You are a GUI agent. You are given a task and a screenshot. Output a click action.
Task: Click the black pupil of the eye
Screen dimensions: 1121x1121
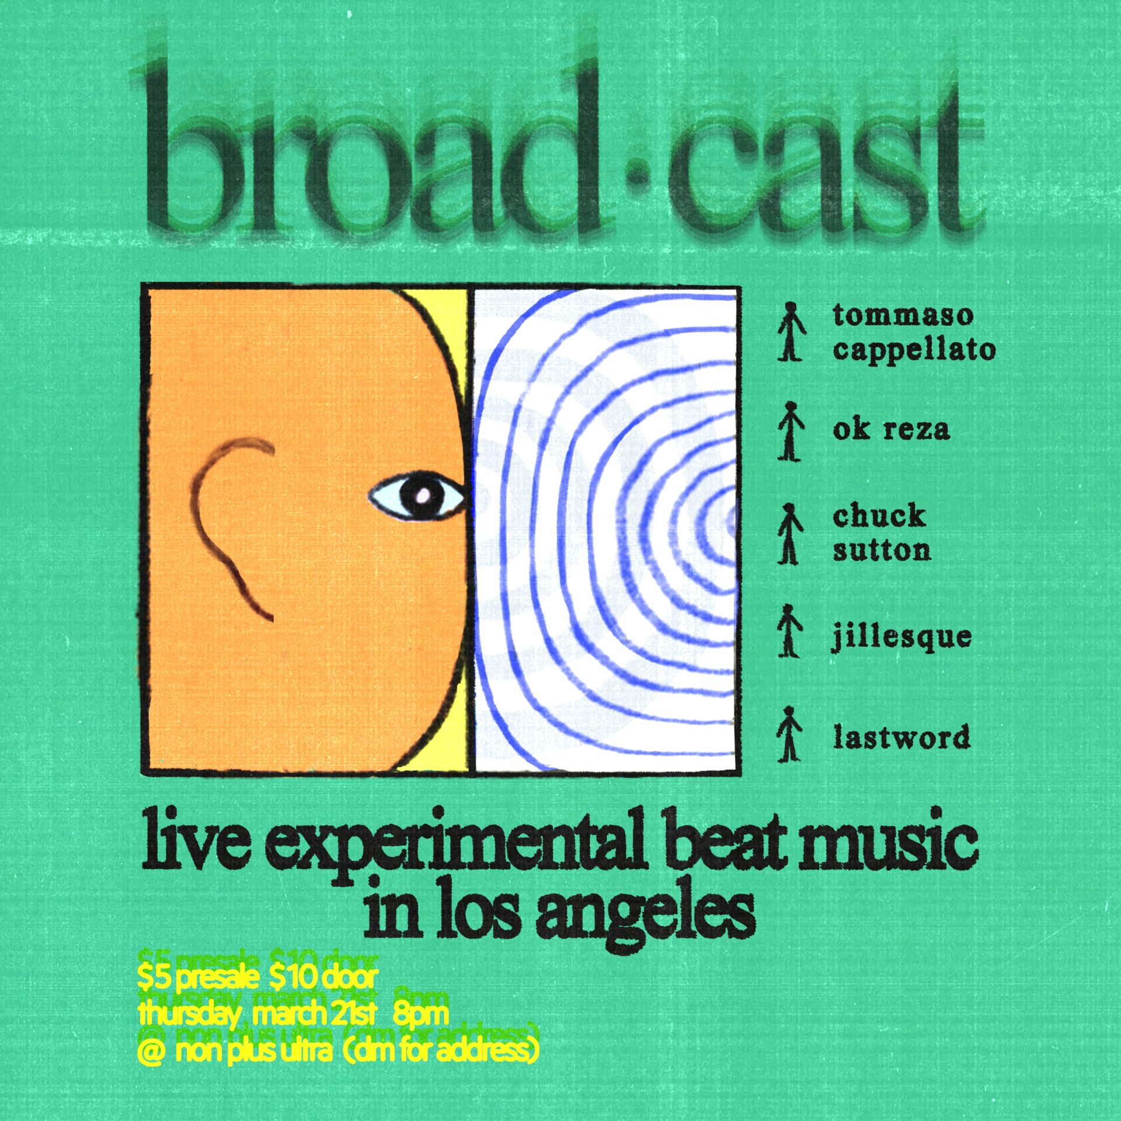pos(422,496)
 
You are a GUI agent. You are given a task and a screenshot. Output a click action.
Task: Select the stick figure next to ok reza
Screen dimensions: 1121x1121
pos(790,431)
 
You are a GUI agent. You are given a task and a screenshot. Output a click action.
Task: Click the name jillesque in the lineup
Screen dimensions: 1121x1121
pos(902,637)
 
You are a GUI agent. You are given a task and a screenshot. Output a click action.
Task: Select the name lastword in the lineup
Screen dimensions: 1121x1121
pos(901,737)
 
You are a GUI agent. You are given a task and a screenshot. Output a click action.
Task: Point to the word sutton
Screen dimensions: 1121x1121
pos(882,550)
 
